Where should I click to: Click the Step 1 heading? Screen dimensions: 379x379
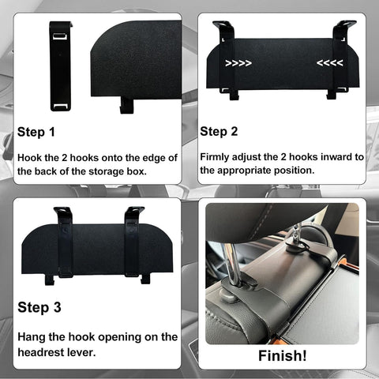(36, 132)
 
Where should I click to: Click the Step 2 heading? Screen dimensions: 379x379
(219, 132)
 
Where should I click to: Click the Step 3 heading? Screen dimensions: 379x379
(39, 307)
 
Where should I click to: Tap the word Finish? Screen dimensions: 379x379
(283, 355)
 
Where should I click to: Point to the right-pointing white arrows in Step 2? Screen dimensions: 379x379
(238, 63)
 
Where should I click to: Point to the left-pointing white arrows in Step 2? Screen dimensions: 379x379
(330, 63)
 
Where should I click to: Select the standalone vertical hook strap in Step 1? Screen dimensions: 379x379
(61, 66)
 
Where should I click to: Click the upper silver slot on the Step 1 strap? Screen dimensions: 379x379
(60, 36)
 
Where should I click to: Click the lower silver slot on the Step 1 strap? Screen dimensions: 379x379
(61, 106)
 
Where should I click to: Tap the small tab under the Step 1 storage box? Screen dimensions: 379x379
(127, 105)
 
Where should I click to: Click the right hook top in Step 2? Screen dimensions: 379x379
(344, 26)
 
